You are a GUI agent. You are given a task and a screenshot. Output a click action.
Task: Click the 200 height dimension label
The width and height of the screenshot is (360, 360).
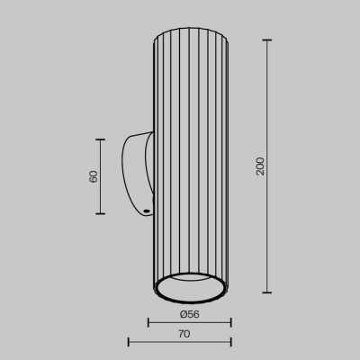click(x=260, y=166)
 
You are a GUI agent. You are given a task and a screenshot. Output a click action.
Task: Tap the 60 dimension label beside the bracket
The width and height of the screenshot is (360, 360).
click(x=93, y=176)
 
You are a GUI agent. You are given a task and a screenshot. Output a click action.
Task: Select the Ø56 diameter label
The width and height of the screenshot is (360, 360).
click(x=189, y=313)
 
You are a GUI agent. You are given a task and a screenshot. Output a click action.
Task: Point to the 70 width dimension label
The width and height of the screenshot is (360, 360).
click(x=184, y=334)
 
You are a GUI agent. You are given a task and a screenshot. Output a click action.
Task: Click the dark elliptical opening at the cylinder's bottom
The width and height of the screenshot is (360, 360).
click(x=189, y=290)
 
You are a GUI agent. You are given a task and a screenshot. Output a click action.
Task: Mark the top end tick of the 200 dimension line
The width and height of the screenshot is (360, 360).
click(x=268, y=40)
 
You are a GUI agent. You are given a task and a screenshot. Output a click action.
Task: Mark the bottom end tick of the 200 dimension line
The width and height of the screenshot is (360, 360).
click(x=268, y=293)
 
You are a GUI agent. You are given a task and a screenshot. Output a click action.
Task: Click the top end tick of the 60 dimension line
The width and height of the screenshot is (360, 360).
click(x=101, y=139)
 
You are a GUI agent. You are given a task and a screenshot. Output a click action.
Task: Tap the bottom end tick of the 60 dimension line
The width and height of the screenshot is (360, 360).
click(x=101, y=213)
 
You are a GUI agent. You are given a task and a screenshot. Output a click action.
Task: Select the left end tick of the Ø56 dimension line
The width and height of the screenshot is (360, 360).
click(x=148, y=322)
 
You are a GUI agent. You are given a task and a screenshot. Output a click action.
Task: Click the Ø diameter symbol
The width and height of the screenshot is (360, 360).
click(x=183, y=313)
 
